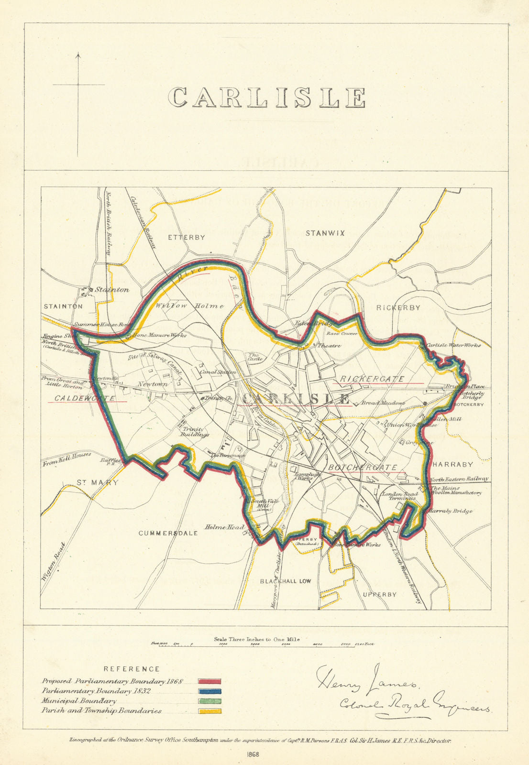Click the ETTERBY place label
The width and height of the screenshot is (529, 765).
(187, 237)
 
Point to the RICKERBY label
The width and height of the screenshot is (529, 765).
(398, 307)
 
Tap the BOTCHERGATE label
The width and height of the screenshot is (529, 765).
(362, 467)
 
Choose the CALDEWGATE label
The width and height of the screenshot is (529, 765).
(84, 398)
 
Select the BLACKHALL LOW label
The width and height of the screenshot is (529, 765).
(285, 581)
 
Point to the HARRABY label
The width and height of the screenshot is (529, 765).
(452, 464)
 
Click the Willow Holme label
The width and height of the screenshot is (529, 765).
(189, 306)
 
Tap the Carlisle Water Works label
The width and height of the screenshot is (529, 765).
(452, 345)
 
